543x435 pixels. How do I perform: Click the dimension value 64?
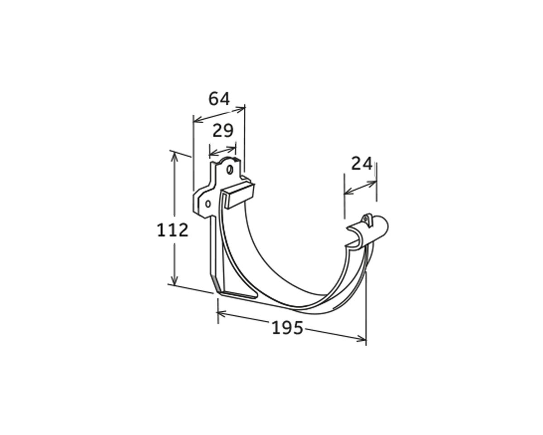(x=219, y=99)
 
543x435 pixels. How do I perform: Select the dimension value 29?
(x=223, y=130)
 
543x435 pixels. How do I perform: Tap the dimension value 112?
(x=172, y=230)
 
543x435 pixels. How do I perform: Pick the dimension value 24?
(x=362, y=164)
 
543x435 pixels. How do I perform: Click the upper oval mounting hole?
(x=229, y=169)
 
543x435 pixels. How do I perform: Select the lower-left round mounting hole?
(x=208, y=204)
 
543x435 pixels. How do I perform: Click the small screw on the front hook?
(x=365, y=218)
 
